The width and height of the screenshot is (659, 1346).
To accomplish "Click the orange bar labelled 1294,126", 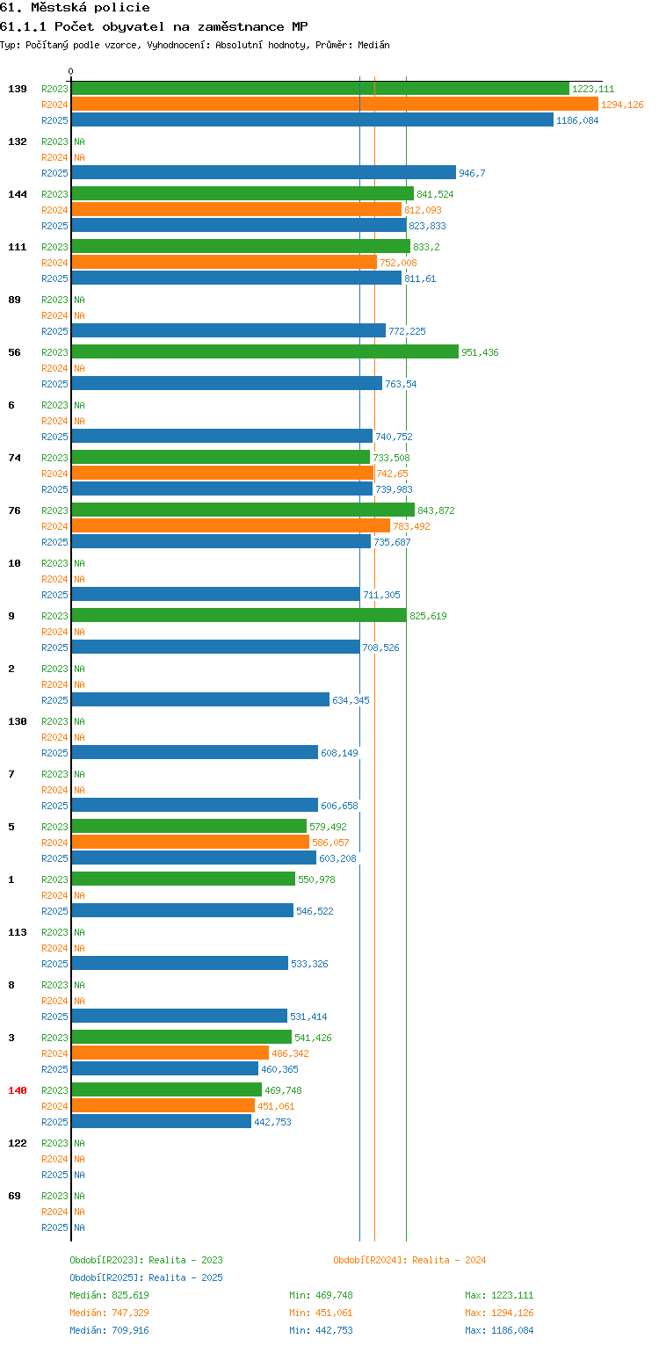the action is pos(335,105).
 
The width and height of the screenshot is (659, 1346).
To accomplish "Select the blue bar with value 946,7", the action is pos(264,172).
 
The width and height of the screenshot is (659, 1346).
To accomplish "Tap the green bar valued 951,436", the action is pos(265,351).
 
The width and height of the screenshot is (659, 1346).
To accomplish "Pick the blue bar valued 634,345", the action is pos(200,699).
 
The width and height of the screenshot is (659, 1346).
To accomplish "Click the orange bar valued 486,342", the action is pos(170,1053).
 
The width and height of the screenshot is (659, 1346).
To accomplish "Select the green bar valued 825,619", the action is pos(239,615).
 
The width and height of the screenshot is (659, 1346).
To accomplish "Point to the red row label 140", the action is pos(18,1090).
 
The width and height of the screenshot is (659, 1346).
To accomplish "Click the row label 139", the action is pos(18,89).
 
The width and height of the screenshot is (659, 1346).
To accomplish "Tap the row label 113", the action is pos(18,932).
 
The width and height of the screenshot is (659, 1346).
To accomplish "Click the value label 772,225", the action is pos(407,331).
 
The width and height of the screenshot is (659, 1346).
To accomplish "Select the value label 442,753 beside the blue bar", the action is pos(272,1122).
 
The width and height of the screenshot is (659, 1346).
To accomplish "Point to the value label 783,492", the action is pos(411,526).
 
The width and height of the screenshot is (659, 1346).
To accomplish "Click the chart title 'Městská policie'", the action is pos(91,7).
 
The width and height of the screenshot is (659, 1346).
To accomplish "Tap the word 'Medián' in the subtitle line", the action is pos(373,45).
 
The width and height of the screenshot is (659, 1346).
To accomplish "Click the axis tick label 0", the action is pos(71,71).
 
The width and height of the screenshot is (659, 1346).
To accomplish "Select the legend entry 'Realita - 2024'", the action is pos(449,1260).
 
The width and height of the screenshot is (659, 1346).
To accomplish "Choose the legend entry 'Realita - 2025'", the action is pos(185,1277).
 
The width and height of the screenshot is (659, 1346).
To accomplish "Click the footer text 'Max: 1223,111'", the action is pos(499,1295).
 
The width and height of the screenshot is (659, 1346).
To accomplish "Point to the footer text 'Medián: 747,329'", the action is pos(109,1313).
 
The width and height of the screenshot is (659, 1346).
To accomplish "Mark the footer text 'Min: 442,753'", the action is pos(321,1330).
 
